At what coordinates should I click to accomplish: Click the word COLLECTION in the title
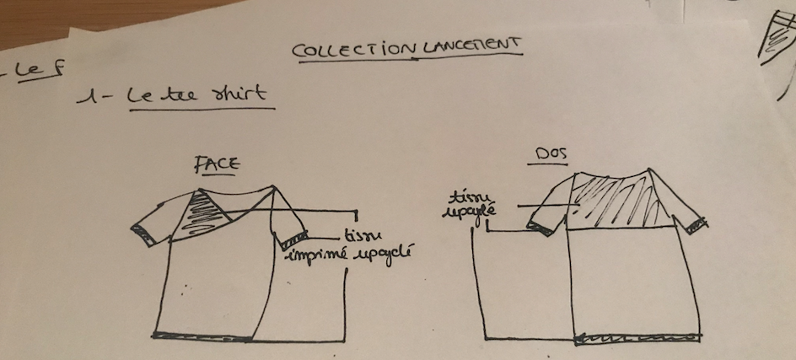tap(353, 50)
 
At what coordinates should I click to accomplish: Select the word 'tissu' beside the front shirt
tap(362, 236)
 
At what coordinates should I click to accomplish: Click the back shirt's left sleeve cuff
tap(535, 224)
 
